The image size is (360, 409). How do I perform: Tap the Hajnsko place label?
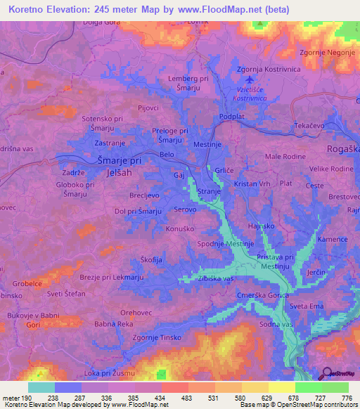tap(261, 226)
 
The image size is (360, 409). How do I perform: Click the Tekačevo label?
tap(309, 123)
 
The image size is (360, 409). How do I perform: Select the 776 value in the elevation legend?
tap(346, 398)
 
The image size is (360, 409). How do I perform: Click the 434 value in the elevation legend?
tap(162, 398)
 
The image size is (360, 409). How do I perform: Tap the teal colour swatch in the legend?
tap(41, 387)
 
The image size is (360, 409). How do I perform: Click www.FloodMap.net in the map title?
tap(223, 10)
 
